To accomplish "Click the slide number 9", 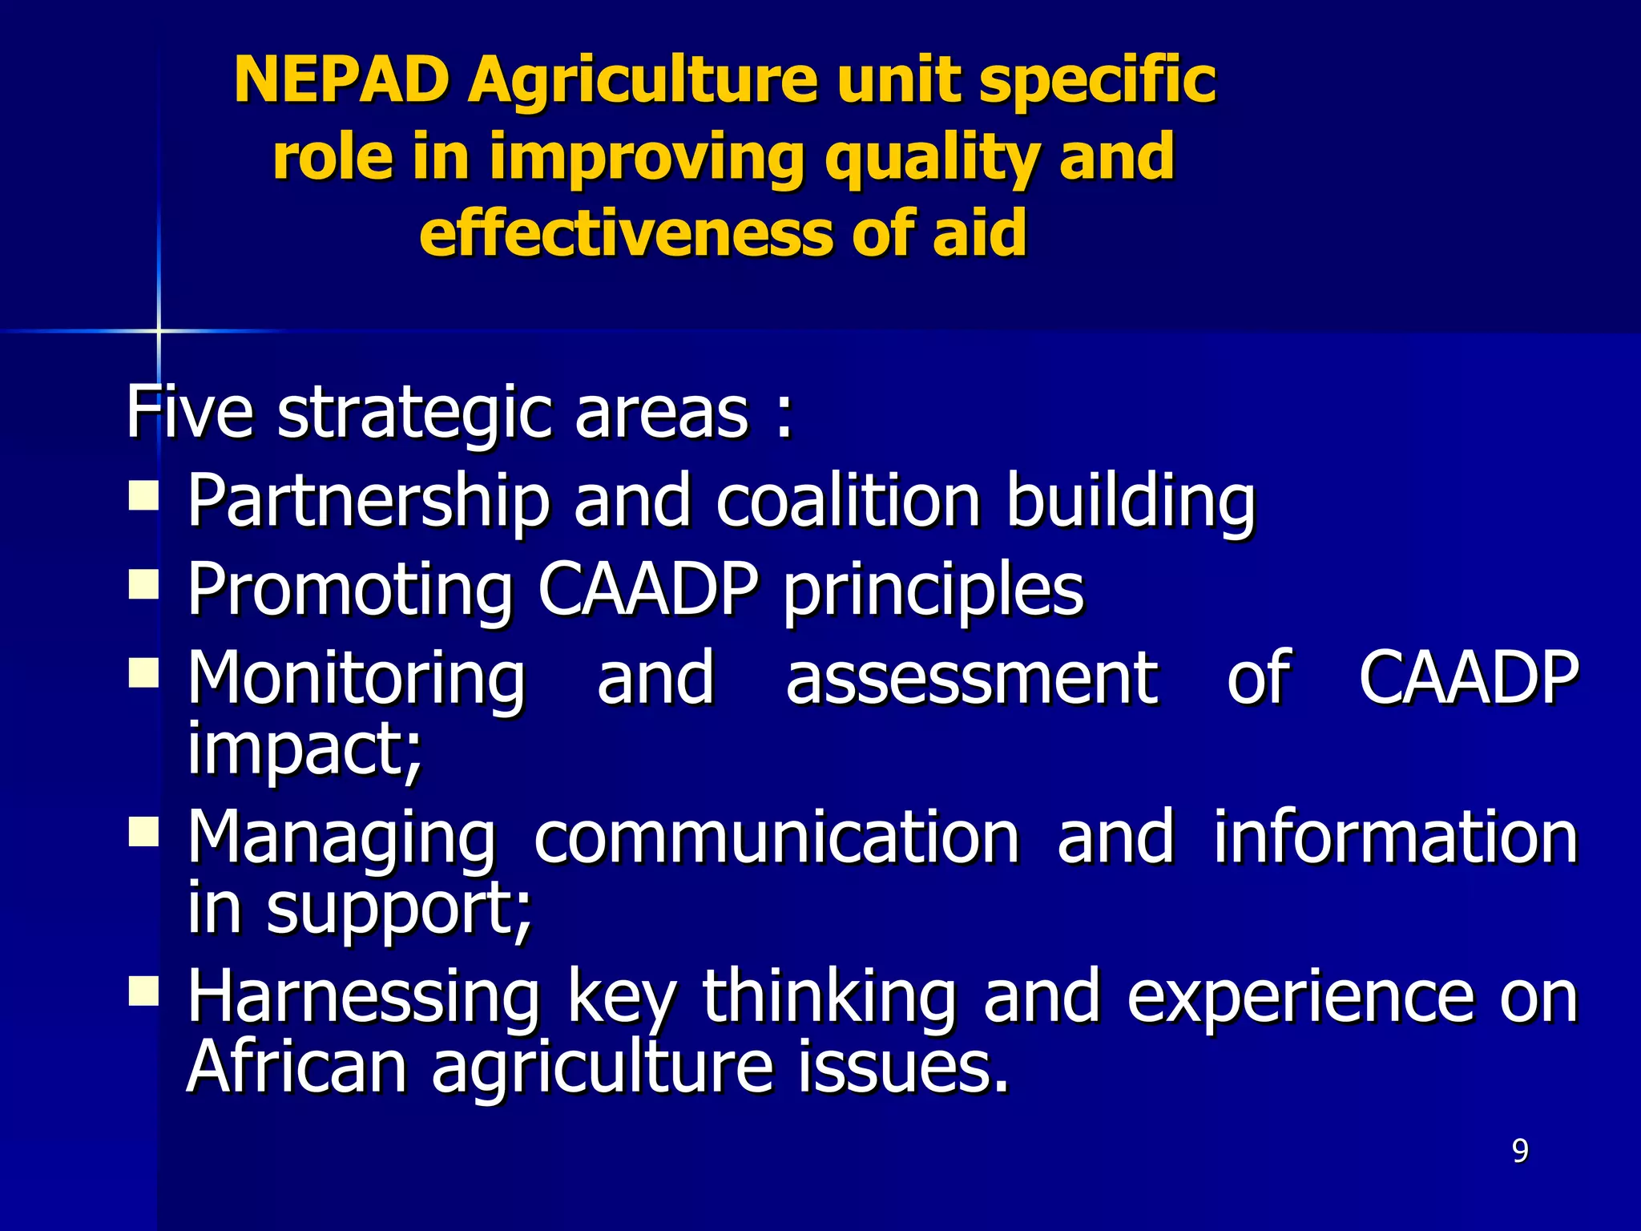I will tap(1520, 1151).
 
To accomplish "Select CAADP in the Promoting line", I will tap(647, 589).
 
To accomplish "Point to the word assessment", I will tap(971, 680).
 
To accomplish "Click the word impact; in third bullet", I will tap(304, 750).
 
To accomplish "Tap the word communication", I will tap(776, 837).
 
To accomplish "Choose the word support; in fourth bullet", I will tap(399, 910).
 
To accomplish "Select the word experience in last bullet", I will tap(1300, 997).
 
